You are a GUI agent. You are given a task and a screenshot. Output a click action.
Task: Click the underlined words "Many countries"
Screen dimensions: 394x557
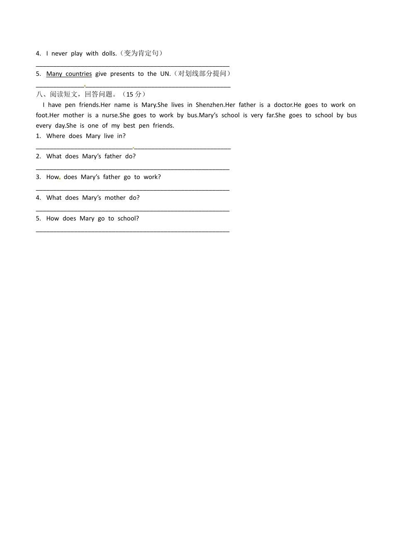pyautogui.click(x=69, y=74)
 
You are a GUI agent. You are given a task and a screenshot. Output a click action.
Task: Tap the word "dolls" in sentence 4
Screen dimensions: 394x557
pyautogui.click(x=109, y=53)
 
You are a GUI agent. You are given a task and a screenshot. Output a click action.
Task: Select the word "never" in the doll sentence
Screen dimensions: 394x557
pyautogui.click(x=59, y=53)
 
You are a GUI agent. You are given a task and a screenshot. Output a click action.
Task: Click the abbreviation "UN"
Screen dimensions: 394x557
pyautogui.click(x=165, y=74)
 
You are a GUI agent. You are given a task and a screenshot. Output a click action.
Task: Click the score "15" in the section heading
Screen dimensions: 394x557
pyautogui.click(x=130, y=94)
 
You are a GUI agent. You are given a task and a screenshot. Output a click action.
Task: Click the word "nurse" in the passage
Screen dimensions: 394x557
pyautogui.click(x=110, y=115)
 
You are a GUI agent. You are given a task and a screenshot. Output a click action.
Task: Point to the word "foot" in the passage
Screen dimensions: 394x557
pyautogui.click(x=41, y=115)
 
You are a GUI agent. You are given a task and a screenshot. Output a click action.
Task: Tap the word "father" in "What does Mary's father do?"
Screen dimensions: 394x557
pyautogui.click(x=113, y=156)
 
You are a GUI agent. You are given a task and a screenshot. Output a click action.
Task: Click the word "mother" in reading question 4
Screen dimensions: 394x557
pyautogui.click(x=115, y=198)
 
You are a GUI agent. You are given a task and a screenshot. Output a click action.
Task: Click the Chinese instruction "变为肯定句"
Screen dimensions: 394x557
pyautogui.click(x=141, y=53)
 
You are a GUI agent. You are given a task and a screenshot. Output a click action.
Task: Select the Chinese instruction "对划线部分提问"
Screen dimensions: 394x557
pyautogui.click(x=202, y=74)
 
